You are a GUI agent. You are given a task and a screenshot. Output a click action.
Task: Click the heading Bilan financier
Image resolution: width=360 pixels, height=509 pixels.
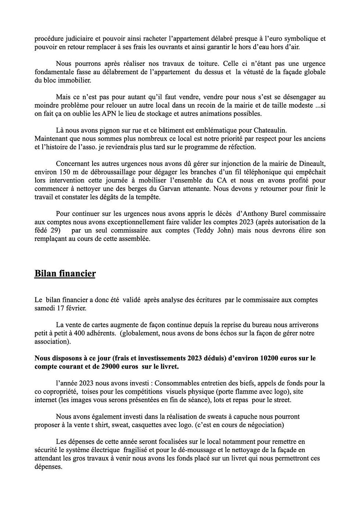point(65,274)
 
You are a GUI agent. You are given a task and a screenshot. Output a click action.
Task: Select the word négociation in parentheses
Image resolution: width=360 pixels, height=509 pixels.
point(266,425)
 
